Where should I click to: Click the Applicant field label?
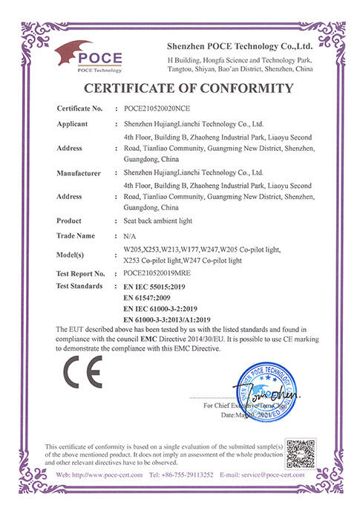click(73, 124)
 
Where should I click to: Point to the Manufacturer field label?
click(79, 173)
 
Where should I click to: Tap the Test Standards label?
click(80, 285)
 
